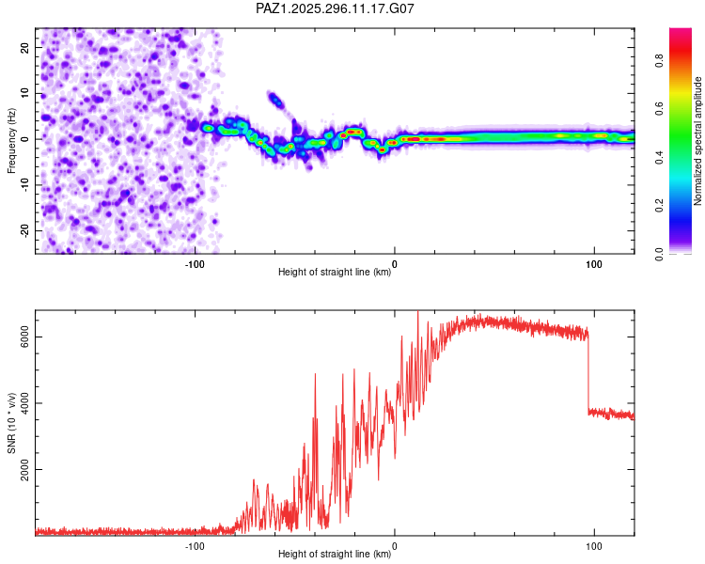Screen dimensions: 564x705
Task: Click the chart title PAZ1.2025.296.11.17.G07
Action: click(336, 8)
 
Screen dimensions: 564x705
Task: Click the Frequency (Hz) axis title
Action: click(11, 139)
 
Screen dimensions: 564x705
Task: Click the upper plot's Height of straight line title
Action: click(335, 272)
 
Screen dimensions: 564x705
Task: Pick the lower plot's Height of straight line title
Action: click(335, 554)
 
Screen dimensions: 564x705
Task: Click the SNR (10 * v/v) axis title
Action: click(11, 423)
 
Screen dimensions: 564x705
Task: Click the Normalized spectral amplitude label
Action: click(697, 141)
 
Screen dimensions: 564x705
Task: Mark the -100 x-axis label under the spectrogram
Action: click(195, 262)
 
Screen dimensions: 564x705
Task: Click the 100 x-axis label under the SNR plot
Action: click(594, 544)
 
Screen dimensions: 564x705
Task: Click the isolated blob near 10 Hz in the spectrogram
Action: click(274, 98)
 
